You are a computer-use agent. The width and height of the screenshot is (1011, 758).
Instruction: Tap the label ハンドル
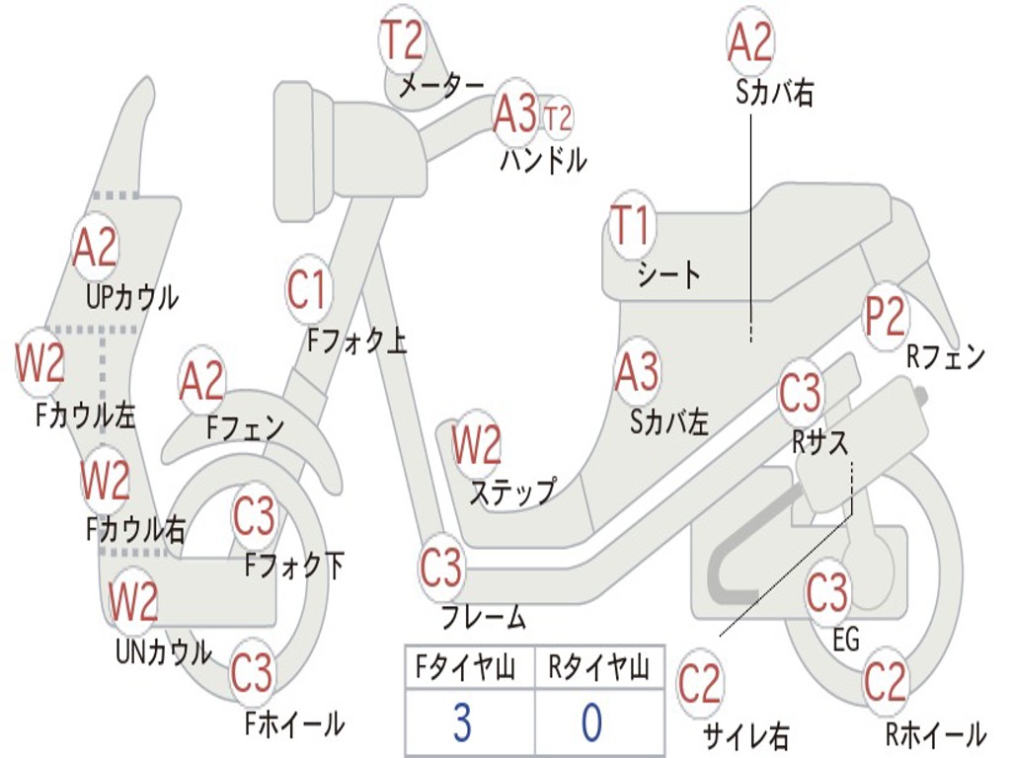pos(543,159)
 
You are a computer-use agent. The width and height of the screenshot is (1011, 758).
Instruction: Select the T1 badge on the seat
pos(632,227)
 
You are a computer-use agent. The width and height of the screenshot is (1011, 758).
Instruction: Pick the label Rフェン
pos(946,357)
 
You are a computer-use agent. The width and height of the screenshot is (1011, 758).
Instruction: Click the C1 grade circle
pos(306,290)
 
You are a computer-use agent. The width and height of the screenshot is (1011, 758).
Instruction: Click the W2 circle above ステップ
pos(477,445)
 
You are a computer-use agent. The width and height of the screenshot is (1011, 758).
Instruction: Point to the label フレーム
pos(484,619)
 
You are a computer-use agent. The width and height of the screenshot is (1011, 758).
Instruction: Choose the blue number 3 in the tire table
pos(462,722)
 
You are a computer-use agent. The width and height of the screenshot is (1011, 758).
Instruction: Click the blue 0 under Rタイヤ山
pos(590,722)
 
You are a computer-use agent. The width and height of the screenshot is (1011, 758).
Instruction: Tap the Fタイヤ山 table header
pos(463,669)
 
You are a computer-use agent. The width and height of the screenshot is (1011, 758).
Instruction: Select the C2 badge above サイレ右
pos(700,685)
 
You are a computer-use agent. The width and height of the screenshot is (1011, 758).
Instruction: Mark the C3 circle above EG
pos(827,593)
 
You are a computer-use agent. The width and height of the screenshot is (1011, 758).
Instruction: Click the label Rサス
pos(820,444)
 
